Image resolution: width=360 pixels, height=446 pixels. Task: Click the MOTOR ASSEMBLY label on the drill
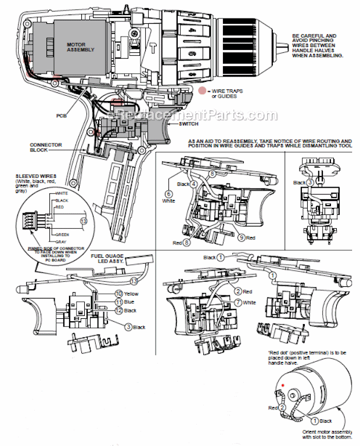[x=80, y=47]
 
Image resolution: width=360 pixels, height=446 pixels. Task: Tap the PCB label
[x=62, y=115]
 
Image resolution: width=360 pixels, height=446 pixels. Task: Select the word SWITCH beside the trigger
[x=189, y=124]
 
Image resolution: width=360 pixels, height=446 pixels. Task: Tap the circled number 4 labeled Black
[x=194, y=184]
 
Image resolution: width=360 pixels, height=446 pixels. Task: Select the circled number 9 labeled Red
[x=240, y=238]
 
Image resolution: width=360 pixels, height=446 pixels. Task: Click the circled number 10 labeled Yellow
[x=118, y=294]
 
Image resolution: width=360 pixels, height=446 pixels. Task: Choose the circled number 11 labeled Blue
[x=118, y=302]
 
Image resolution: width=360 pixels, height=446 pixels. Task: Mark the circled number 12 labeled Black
[x=118, y=311]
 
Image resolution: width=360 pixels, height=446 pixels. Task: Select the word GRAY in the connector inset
[x=60, y=242]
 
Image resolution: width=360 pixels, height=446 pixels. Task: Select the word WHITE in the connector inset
[x=61, y=192]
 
